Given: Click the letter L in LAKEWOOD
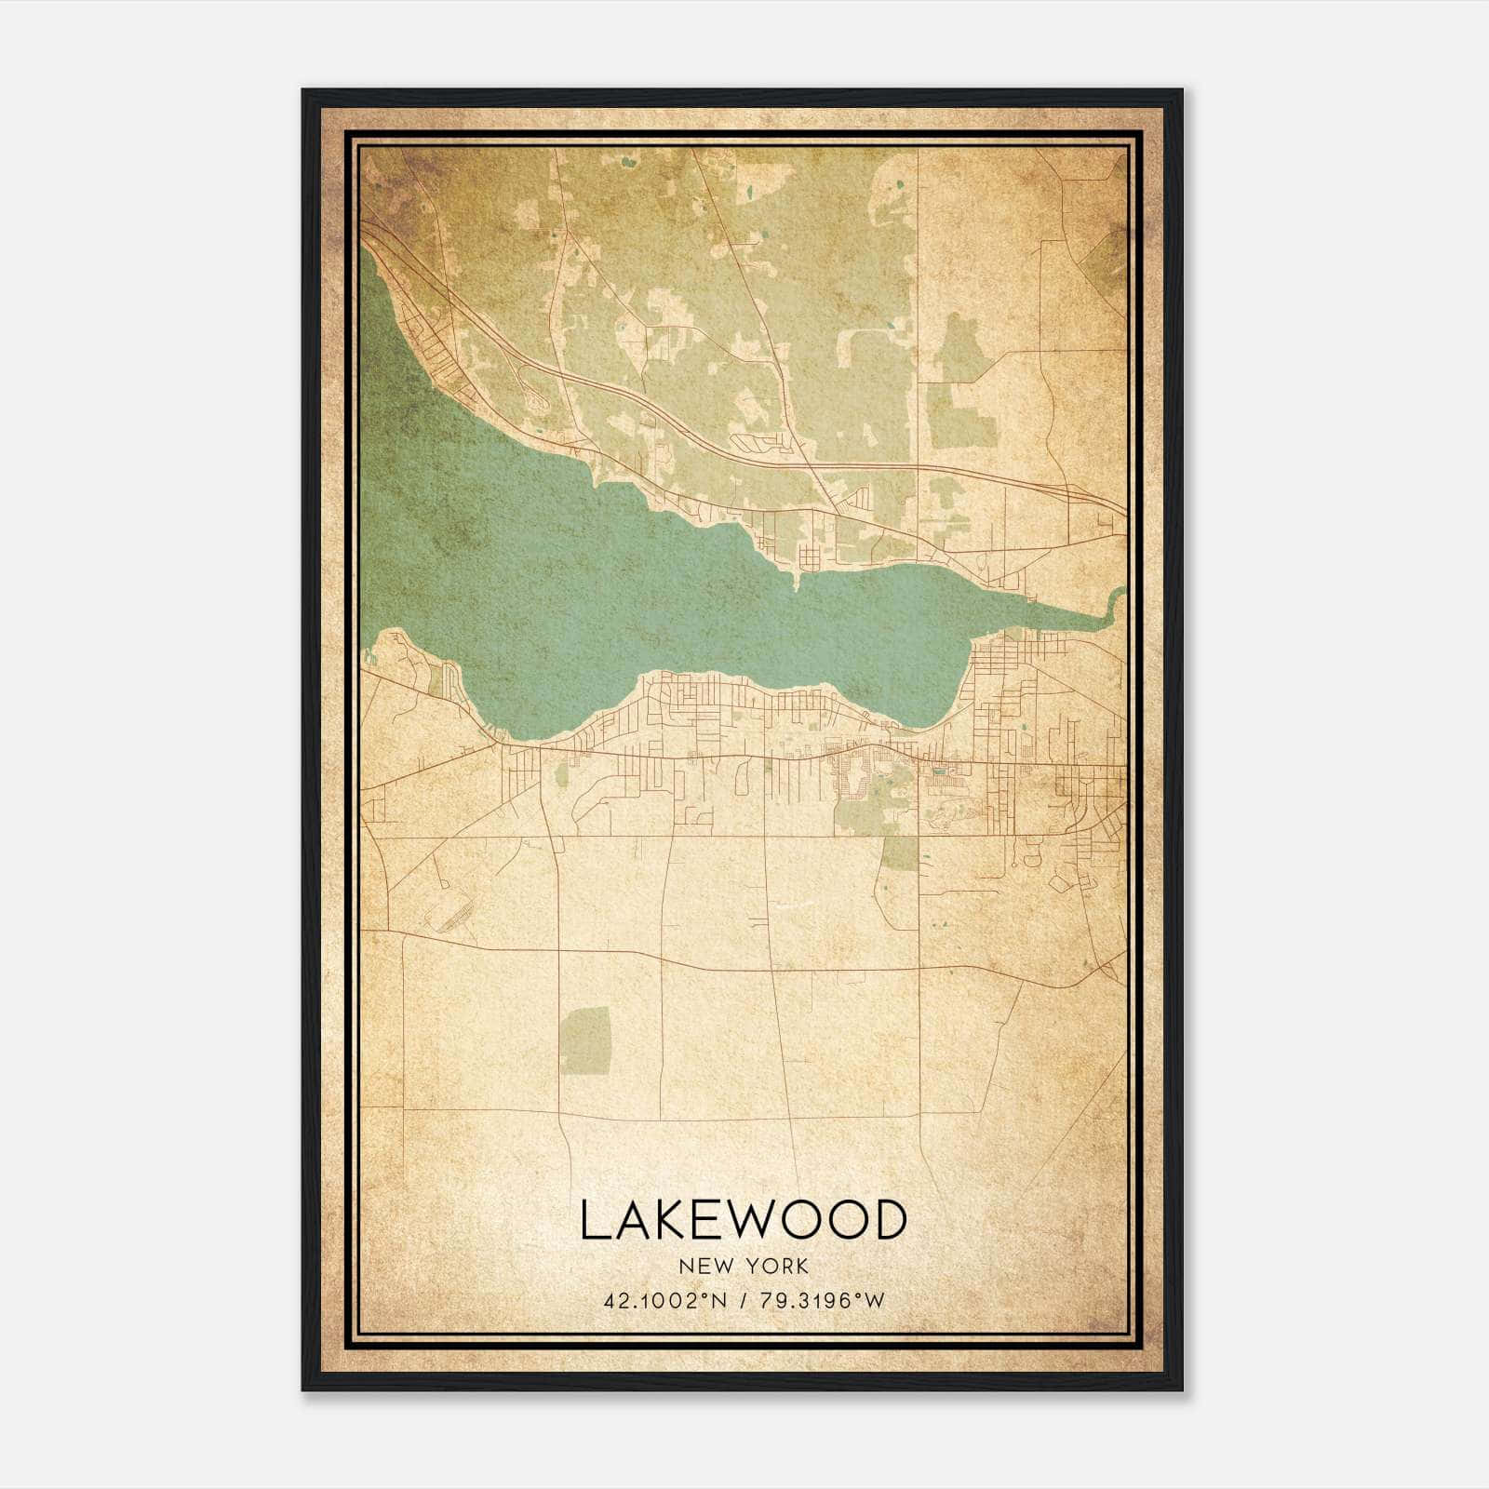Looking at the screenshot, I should [x=597, y=1220].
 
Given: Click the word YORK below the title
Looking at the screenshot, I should [x=776, y=1266].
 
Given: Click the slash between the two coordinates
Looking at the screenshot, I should [x=741, y=1301].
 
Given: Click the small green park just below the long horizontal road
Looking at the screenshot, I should [x=899, y=852].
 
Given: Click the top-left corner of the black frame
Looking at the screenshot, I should [x=304, y=91].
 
